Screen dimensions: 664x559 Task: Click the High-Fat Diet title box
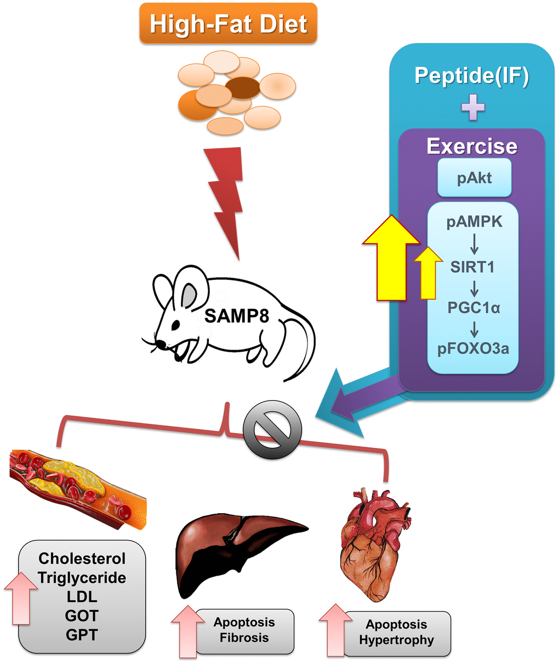228,24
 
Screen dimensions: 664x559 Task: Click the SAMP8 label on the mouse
236,316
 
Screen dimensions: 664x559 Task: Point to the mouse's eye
175,324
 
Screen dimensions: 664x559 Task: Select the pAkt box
474,178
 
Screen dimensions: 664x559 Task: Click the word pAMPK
474,223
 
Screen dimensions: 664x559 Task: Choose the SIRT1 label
472,267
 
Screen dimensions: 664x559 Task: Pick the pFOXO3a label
472,349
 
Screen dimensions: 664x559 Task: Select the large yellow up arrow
391,258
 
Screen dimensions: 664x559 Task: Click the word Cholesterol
82,559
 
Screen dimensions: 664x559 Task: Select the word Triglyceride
82,577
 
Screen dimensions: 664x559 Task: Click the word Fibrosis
244,638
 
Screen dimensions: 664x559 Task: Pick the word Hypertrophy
396,640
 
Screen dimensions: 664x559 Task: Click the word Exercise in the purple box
472,147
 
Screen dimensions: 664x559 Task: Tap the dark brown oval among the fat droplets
243,88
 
